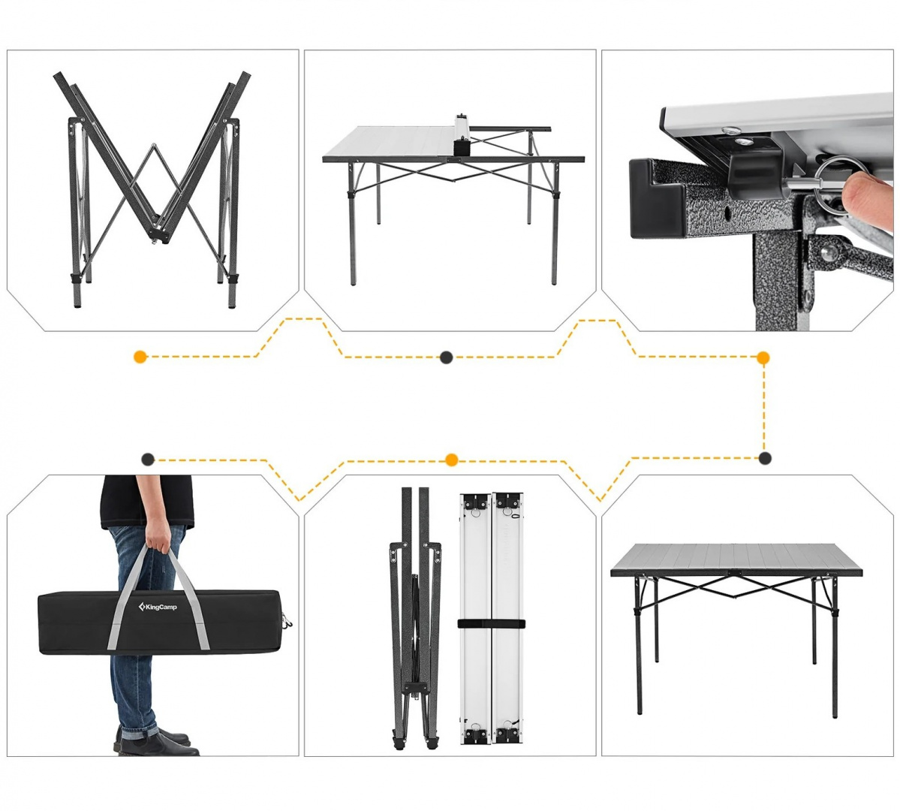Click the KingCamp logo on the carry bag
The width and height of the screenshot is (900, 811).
(x=158, y=607)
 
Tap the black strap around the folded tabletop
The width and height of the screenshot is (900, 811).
(x=492, y=624)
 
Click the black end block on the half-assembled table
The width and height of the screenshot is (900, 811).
(x=462, y=146)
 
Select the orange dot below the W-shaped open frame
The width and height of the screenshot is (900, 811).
(x=140, y=357)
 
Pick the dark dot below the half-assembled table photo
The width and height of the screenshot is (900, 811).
(x=446, y=357)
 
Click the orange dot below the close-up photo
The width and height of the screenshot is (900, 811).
(x=763, y=358)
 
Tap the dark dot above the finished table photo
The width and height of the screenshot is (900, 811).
(x=765, y=458)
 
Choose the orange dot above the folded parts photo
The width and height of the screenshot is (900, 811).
(x=452, y=460)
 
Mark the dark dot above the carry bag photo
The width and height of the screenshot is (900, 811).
(x=148, y=459)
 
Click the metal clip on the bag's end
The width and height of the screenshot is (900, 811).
(x=287, y=621)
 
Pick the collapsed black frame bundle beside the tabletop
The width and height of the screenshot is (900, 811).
(x=415, y=618)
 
